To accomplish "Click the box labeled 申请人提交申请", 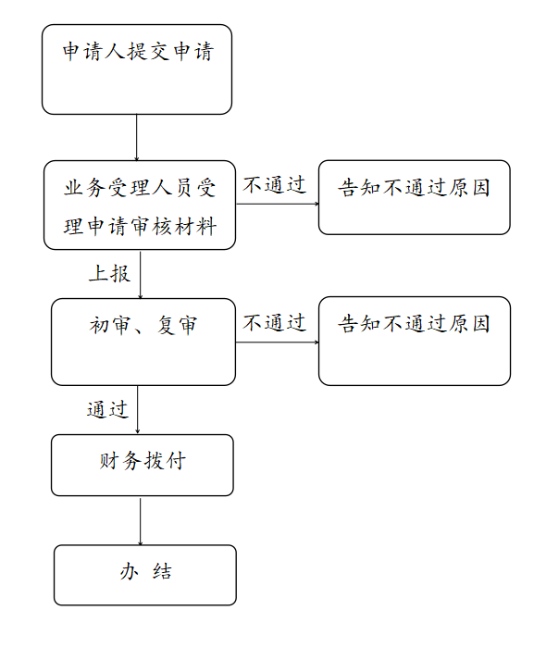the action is pos(137,69).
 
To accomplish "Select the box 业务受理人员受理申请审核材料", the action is pos(140,205).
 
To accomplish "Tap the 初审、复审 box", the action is pos(143,342).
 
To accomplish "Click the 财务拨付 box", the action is pos(143,465).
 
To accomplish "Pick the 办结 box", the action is pos(145,575).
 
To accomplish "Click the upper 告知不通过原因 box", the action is pos(415,197).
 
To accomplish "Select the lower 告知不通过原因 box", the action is pos(415,341).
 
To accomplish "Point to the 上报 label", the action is pos(109,274).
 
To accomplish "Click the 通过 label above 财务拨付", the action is pos(107,409).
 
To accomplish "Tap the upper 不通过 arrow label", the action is pos(274,185).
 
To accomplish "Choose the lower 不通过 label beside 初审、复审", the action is pos(274,323).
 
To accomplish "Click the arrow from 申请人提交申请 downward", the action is pos(136,138).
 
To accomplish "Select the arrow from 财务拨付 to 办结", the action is pos(140,521).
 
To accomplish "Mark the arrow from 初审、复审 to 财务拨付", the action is pos(137,410).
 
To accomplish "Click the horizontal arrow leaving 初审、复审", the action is pos(277,342).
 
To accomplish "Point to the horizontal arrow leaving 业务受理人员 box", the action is pos(278,204).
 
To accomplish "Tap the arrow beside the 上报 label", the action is pos(140,275).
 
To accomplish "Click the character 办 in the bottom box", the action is pos(130,572).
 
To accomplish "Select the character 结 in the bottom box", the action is pos(163,572).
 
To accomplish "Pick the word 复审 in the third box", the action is pos(177,325).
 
